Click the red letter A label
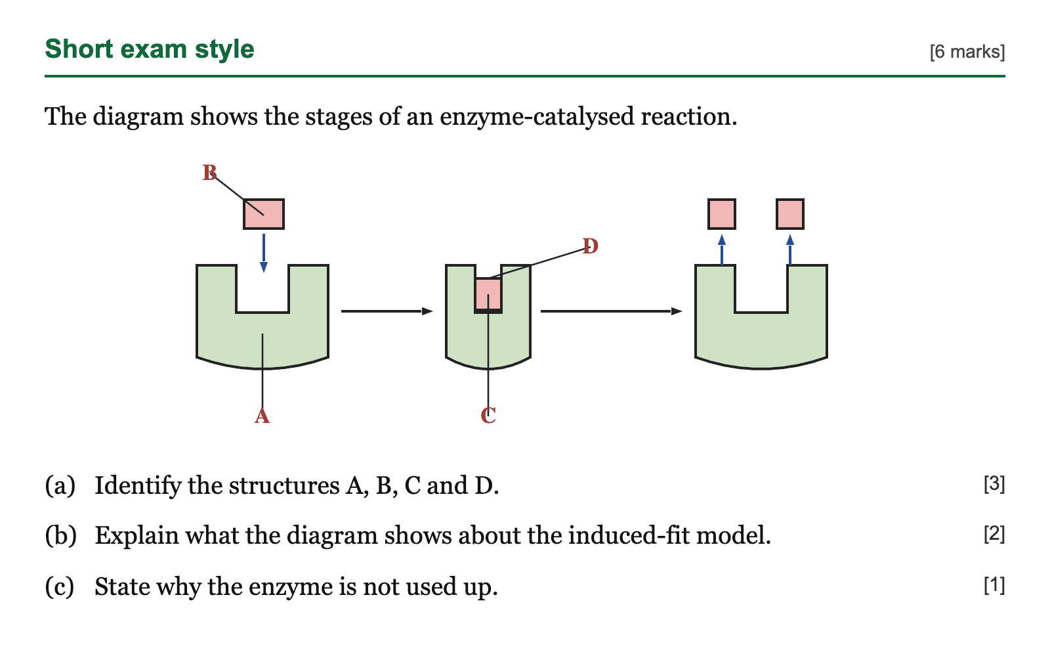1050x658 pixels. point(262,416)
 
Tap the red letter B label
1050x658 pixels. point(209,173)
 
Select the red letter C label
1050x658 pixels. point(488,416)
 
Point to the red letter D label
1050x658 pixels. point(591,246)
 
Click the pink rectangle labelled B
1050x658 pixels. point(264,214)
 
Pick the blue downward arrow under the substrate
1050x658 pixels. point(264,253)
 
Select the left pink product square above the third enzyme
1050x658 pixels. point(722,214)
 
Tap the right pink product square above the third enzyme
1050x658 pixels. point(790,214)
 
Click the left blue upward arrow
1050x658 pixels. point(722,250)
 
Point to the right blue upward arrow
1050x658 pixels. point(790,250)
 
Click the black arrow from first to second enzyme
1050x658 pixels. point(387,311)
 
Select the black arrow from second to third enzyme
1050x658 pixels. point(611,311)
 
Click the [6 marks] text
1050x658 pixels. point(967,52)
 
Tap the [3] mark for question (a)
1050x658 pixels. point(994,483)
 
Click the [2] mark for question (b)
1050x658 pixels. point(994,534)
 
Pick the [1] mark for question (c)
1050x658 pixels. point(994,585)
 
